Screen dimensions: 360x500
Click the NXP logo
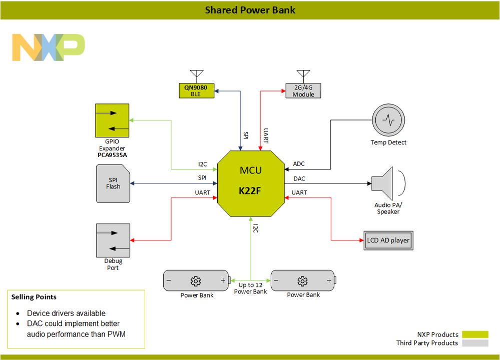49,47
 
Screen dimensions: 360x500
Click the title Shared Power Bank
250,10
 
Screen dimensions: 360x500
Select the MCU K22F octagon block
250,183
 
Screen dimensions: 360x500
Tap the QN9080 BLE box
196,90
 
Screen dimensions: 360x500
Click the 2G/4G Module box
303,90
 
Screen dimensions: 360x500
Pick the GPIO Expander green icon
112,120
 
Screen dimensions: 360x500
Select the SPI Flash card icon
113,183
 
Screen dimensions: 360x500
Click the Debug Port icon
113,240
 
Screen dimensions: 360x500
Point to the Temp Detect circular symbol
388,121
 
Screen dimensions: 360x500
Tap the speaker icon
384,183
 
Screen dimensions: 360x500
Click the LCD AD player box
388,240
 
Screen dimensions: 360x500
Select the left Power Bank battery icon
197,280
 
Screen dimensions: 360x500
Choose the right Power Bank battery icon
303,280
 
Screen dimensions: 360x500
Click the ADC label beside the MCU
299,164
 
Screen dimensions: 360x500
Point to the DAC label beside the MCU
299,178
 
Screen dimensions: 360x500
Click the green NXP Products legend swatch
474,334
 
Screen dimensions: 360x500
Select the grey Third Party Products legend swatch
474,343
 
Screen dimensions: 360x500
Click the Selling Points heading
34,297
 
